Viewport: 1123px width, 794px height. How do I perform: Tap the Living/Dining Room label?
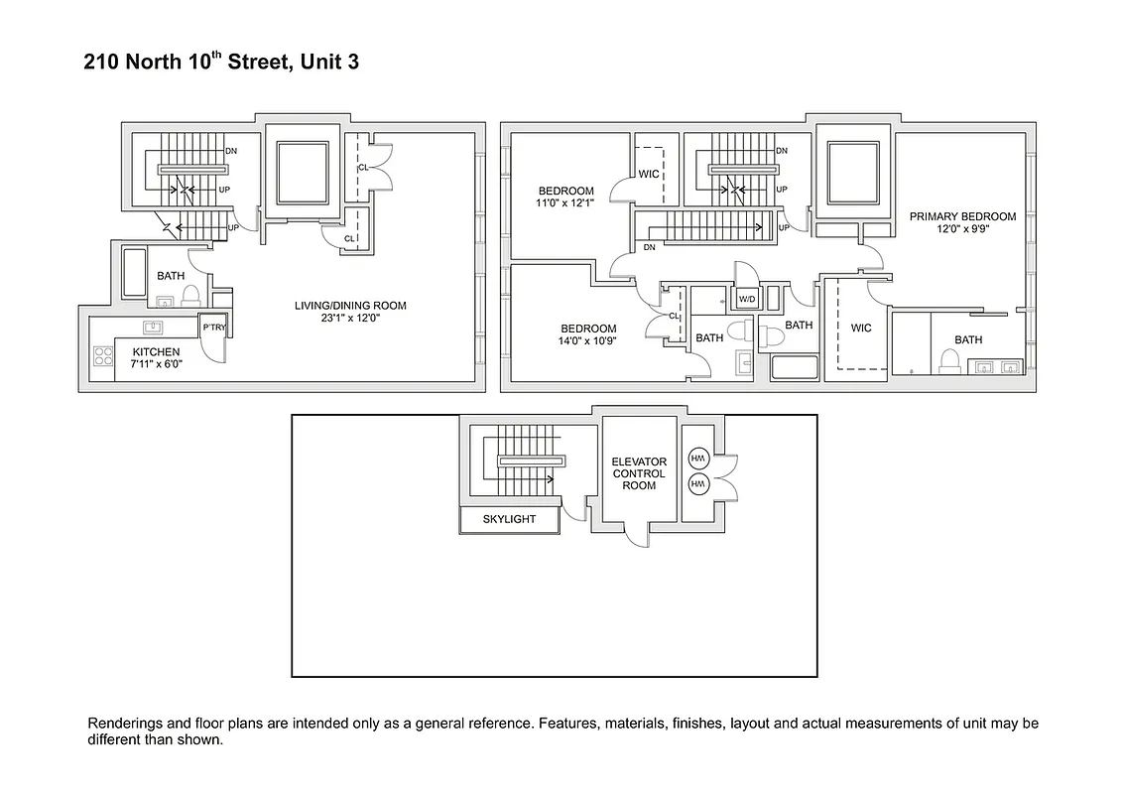350,306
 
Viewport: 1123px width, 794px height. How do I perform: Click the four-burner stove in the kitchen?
102,355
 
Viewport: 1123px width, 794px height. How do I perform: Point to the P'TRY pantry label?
214,328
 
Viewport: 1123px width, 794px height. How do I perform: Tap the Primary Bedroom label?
962,216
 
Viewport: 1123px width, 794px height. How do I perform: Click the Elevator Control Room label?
639,473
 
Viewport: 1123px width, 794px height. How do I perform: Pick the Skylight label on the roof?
509,519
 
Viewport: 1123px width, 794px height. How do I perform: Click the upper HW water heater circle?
696,458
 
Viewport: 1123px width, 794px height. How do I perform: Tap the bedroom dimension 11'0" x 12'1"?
565,203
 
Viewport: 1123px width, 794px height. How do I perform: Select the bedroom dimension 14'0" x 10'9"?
588,341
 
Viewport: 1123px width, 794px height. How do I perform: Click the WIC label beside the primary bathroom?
861,328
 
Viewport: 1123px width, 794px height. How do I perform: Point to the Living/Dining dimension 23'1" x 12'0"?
350,319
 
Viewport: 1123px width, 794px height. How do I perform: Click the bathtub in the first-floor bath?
134,273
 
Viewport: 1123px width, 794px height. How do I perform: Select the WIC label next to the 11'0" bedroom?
649,174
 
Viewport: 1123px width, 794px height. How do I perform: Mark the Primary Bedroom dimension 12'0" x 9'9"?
962,229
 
